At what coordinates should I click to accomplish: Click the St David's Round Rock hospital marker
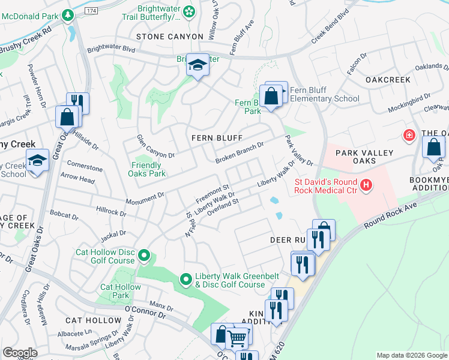point(364,187)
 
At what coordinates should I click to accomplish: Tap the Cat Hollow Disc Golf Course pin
point(143,257)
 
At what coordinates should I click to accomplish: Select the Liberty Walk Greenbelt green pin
point(186,280)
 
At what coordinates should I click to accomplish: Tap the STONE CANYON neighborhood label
point(170,37)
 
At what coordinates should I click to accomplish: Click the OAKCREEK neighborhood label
point(388,80)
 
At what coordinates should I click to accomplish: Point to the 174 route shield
point(91,11)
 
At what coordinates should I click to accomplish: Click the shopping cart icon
point(237,338)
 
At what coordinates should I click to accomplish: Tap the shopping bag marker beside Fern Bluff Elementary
point(271,96)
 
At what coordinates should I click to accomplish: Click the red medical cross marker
point(410,136)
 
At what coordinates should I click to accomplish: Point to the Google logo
point(20,353)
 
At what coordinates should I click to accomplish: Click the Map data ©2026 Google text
point(411,355)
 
